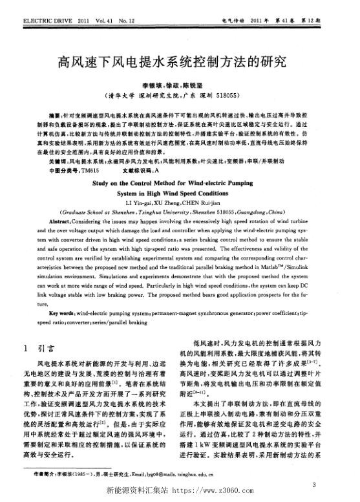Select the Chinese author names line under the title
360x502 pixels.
(x=180, y=85)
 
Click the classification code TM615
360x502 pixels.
(x=89, y=169)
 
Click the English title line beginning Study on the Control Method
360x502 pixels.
(x=180, y=183)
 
